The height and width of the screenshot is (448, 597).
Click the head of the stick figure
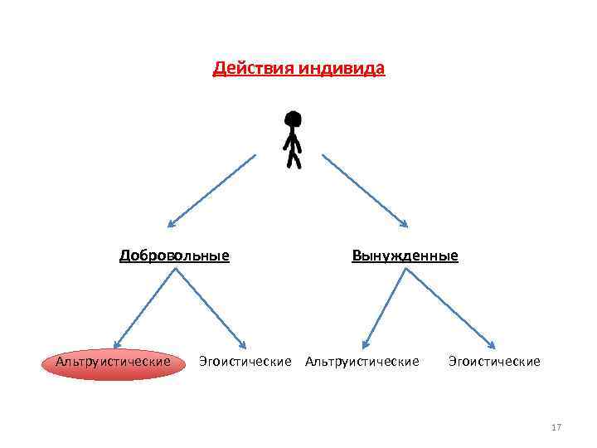[293, 119]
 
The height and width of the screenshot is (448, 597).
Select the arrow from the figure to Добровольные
[212, 190]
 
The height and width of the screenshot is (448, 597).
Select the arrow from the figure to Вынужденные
[365, 190]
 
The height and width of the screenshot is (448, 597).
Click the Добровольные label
[174, 256]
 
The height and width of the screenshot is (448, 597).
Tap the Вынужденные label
[405, 256]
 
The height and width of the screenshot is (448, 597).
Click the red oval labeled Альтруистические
[113, 363]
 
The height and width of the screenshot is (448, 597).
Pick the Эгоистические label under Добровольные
[245, 362]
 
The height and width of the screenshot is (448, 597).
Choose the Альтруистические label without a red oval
[362, 362]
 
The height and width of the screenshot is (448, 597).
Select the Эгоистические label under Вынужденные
[493, 362]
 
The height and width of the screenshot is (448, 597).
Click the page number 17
[556, 427]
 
